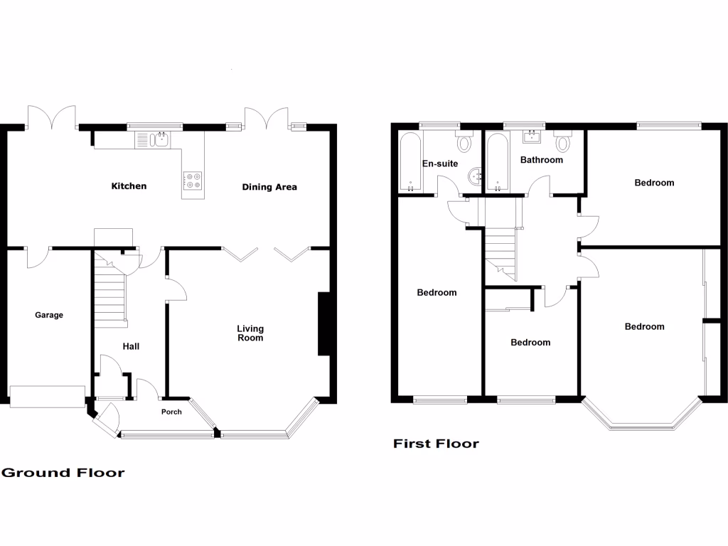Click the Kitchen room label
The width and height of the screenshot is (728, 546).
click(x=129, y=186)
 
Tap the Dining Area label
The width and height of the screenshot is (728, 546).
click(x=269, y=187)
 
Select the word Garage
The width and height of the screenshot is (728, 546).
click(x=49, y=315)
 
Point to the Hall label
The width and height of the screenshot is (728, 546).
click(x=131, y=347)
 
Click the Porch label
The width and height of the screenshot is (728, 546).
click(x=171, y=412)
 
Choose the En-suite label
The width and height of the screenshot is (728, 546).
click(x=439, y=164)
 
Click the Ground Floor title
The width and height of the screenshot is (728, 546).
click(x=63, y=473)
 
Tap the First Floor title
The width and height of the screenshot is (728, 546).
click(x=437, y=444)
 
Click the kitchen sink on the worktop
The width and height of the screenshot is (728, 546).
click(x=151, y=140)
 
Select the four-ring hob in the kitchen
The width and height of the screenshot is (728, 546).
click(x=193, y=181)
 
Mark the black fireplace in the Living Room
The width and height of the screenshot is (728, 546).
click(x=323, y=323)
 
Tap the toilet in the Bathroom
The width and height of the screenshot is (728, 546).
click(x=563, y=143)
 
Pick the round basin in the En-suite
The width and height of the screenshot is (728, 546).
click(x=476, y=176)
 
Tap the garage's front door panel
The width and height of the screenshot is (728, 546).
click(x=47, y=397)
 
